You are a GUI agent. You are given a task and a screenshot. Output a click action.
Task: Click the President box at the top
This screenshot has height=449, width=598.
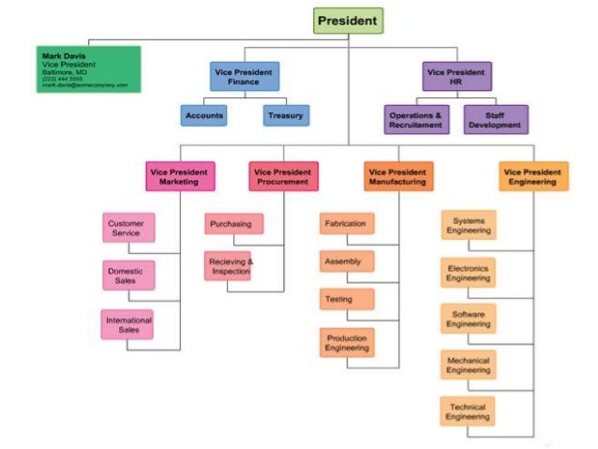tap(348, 21)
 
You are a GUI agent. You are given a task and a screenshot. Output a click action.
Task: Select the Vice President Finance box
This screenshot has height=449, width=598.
tap(244, 76)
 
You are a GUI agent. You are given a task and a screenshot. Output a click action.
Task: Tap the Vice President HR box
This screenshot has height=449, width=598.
tap(456, 76)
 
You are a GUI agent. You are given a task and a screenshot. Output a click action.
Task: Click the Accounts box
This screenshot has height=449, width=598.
tap(204, 115)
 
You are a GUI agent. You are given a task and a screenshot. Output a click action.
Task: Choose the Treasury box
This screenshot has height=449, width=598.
tap(285, 115)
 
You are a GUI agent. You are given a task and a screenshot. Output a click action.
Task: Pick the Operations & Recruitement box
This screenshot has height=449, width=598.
tap(414, 119)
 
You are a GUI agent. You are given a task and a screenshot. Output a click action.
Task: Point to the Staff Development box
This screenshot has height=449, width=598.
tap(495, 119)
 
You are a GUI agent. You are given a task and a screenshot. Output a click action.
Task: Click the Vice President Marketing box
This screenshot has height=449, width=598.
tap(179, 176)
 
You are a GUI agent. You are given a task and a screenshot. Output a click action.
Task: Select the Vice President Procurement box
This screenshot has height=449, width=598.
tap(282, 176)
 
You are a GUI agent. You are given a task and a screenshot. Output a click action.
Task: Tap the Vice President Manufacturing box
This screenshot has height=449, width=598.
tap(398, 176)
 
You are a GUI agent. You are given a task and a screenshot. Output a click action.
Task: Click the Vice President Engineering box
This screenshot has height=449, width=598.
tap(533, 176)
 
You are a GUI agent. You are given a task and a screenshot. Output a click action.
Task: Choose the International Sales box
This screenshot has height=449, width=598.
tap(128, 324)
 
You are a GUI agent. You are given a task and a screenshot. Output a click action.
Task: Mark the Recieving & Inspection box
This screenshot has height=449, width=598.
tap(229, 265)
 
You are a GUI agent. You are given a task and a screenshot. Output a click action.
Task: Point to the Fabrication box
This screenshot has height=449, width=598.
tap(346, 224)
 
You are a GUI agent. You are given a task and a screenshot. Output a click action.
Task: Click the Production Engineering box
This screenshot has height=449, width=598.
tap(347, 342)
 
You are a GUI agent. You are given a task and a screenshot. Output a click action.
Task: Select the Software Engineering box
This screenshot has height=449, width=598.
tap(468, 318)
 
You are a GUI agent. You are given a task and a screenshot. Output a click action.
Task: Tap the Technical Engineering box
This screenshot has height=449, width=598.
tap(467, 412)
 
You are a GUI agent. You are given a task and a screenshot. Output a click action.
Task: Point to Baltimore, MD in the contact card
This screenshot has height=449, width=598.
tap(64, 71)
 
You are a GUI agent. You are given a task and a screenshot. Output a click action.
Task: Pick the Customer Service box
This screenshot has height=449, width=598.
tap(127, 228)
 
